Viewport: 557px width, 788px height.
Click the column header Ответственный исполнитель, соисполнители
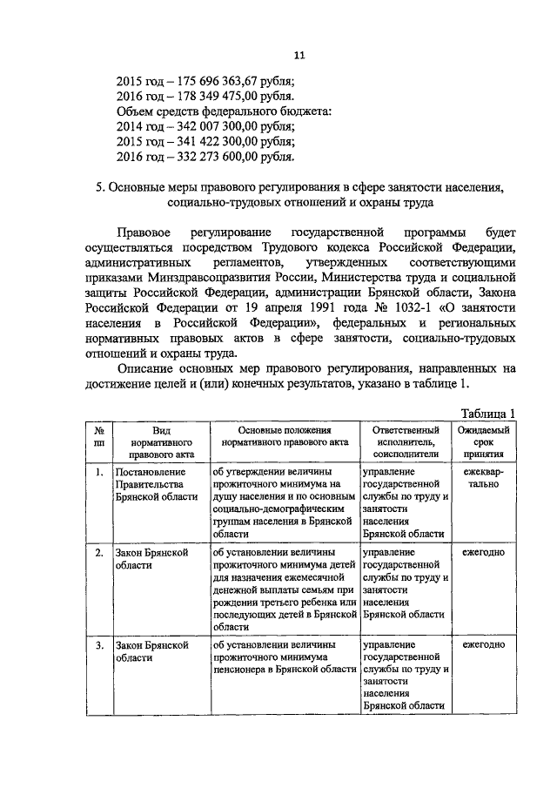[x=406, y=442]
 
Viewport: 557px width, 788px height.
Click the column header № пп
[x=100, y=436]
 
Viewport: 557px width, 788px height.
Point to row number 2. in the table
[x=100, y=553]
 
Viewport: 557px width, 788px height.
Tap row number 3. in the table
[x=100, y=645]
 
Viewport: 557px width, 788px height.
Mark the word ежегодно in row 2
[x=484, y=553]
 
